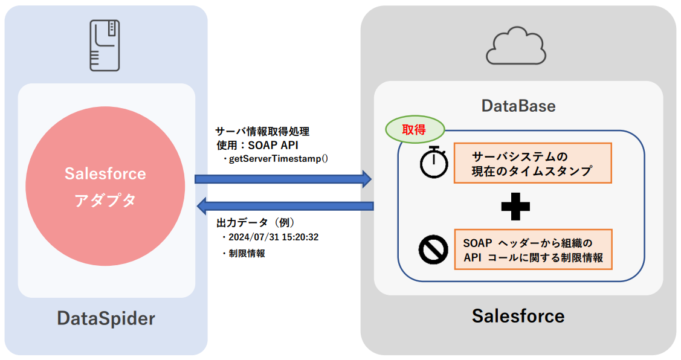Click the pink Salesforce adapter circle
click(105, 187)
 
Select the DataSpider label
click(106, 318)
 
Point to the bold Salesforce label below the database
click(518, 315)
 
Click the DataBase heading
click(518, 106)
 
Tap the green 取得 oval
click(415, 129)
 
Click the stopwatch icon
click(434, 162)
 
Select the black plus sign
click(515, 207)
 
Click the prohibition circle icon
click(433, 251)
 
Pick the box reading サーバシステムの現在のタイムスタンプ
click(532, 163)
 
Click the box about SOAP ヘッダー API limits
click(532, 249)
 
